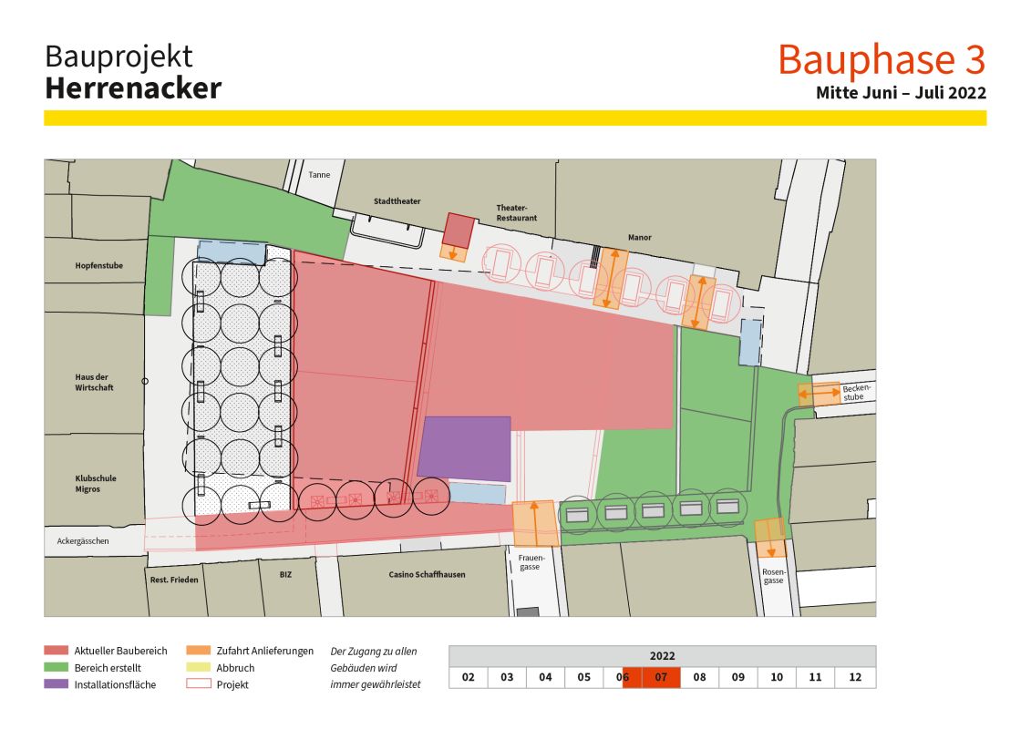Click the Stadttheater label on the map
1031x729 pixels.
click(397, 201)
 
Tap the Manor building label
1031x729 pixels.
click(639, 238)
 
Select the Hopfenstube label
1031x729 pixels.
click(98, 266)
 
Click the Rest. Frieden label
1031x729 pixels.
click(173, 580)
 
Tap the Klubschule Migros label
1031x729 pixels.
click(96, 485)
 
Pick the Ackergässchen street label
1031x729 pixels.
click(83, 541)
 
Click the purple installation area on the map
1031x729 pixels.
click(465, 447)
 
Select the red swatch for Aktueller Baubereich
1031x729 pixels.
click(56, 651)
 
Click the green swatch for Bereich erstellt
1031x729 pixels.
click(56, 668)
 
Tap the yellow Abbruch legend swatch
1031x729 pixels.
click(198, 668)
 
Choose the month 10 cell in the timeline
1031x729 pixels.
click(776, 677)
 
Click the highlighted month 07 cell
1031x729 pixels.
click(661, 677)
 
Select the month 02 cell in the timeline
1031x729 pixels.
click(468, 677)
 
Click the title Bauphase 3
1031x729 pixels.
click(882, 60)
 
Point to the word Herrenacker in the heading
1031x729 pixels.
click(132, 88)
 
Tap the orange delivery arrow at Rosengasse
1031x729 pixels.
click(770, 539)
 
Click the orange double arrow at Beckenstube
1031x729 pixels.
click(819, 395)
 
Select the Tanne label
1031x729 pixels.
click(319, 175)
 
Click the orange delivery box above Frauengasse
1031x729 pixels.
click(534, 523)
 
